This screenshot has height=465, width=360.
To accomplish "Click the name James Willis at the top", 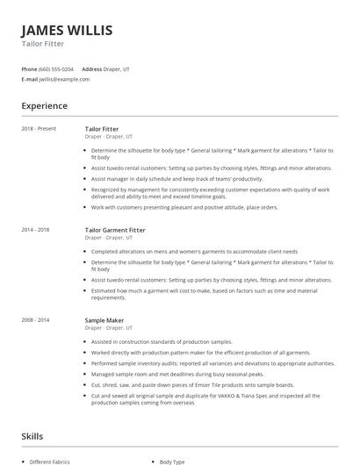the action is coord(67,30).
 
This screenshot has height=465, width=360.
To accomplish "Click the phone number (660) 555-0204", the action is coord(57,68).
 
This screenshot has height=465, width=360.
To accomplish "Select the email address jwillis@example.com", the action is coord(64,79).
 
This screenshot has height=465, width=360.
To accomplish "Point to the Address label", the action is coord(91,68).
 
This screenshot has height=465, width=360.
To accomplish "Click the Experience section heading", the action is coord(44,106).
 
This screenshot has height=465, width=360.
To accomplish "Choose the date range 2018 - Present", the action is coord(39,129).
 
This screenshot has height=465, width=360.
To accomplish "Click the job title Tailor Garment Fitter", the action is coord(115,230).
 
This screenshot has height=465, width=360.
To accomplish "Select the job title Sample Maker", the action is coord(104,320).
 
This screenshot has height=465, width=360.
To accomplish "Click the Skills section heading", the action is coord(32,435).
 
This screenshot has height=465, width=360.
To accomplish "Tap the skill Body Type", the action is coord(172,461).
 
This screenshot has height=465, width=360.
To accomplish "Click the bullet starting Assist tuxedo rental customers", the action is coord(211,168).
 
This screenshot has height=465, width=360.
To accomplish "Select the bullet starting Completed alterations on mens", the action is coord(194,251).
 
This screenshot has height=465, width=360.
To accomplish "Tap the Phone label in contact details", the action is coord(29,68).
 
